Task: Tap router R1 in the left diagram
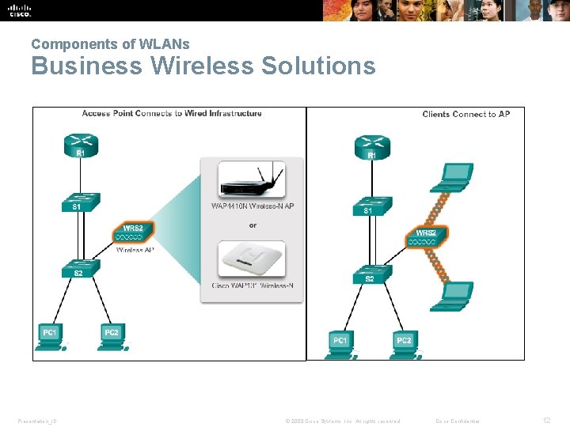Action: pos(80,145)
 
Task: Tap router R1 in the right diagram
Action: pos(371,146)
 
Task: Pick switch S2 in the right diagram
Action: pos(370,274)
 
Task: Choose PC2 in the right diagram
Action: pos(405,342)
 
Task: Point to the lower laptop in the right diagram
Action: pos(456,294)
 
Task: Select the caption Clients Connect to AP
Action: pos(465,114)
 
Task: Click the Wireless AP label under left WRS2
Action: pos(135,250)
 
